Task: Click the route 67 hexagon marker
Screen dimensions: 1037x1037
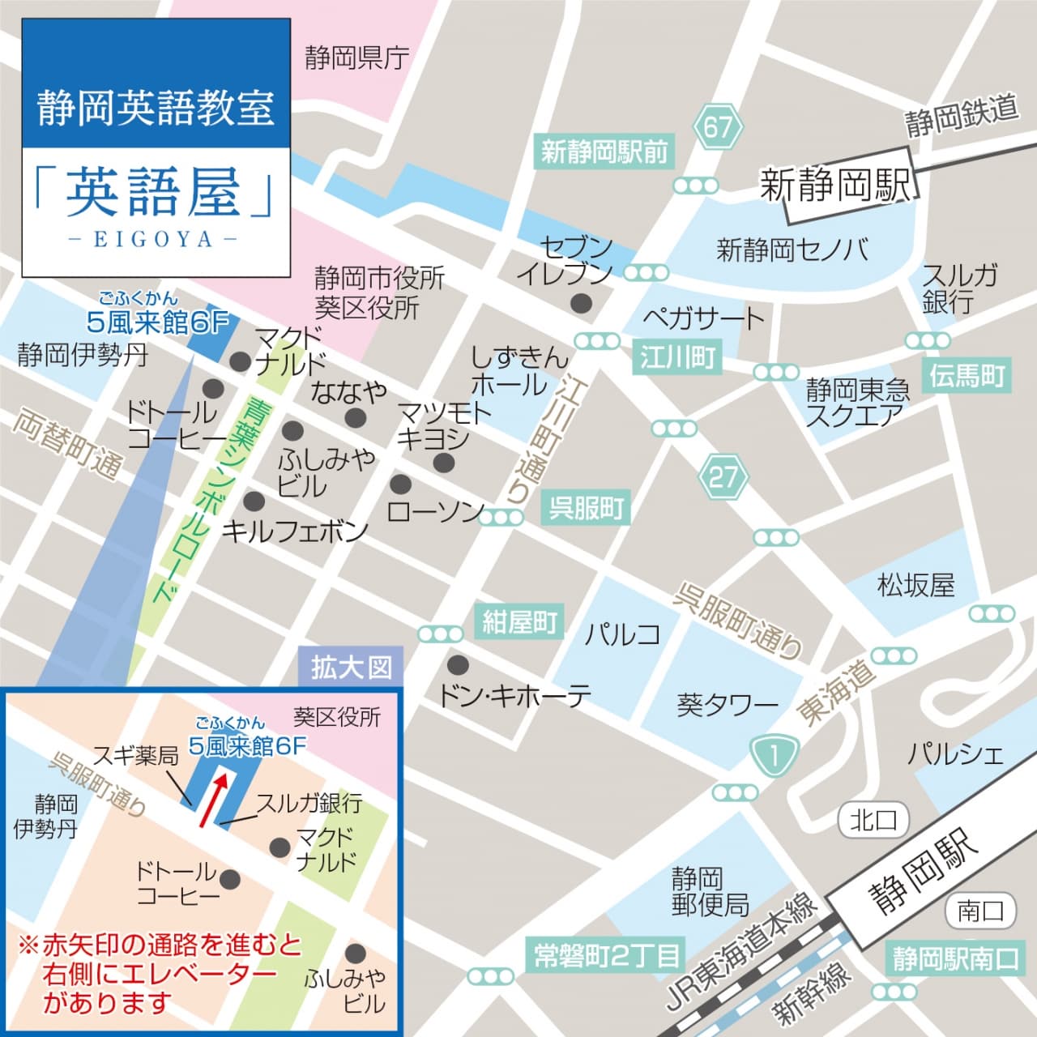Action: click(717, 127)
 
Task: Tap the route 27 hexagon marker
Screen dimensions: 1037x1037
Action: click(723, 477)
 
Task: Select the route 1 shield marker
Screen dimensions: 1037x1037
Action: click(773, 756)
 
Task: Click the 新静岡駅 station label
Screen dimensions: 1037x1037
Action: click(835, 186)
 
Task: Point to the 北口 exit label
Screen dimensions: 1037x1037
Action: click(873, 820)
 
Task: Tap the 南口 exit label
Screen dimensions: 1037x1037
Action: click(980, 911)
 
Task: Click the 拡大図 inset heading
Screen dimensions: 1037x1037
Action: click(352, 668)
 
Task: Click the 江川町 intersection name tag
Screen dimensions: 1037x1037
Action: click(677, 357)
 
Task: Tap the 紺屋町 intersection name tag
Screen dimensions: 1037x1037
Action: click(519, 622)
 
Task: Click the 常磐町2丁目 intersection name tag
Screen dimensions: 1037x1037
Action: click(607, 956)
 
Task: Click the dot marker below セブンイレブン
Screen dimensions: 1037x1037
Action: click(580, 304)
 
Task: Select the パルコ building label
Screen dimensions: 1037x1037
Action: click(622, 634)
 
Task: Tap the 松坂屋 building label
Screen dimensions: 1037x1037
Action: click(916, 585)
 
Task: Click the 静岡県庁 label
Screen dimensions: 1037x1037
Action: click(356, 58)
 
